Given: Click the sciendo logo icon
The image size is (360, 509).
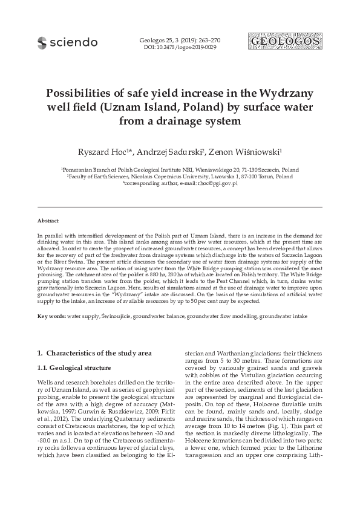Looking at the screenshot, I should coord(42,42).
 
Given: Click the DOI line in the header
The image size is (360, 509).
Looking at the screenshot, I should coord(180,47).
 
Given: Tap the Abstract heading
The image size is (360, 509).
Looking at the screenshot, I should coord(48,221).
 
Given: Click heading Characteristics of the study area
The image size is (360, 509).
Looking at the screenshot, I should coord(96,352).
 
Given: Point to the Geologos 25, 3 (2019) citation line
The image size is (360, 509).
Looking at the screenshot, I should coord(180,40).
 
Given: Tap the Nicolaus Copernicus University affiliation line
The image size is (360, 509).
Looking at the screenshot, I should coord(180,177).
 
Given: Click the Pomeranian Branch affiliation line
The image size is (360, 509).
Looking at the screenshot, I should coord(180,171).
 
